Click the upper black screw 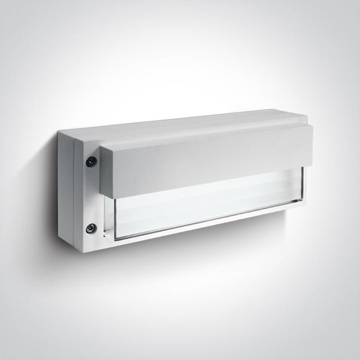[x=91, y=161]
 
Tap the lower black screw [x=91, y=227]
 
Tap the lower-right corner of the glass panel [x=303, y=206]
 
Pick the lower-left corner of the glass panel [x=114, y=239]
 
